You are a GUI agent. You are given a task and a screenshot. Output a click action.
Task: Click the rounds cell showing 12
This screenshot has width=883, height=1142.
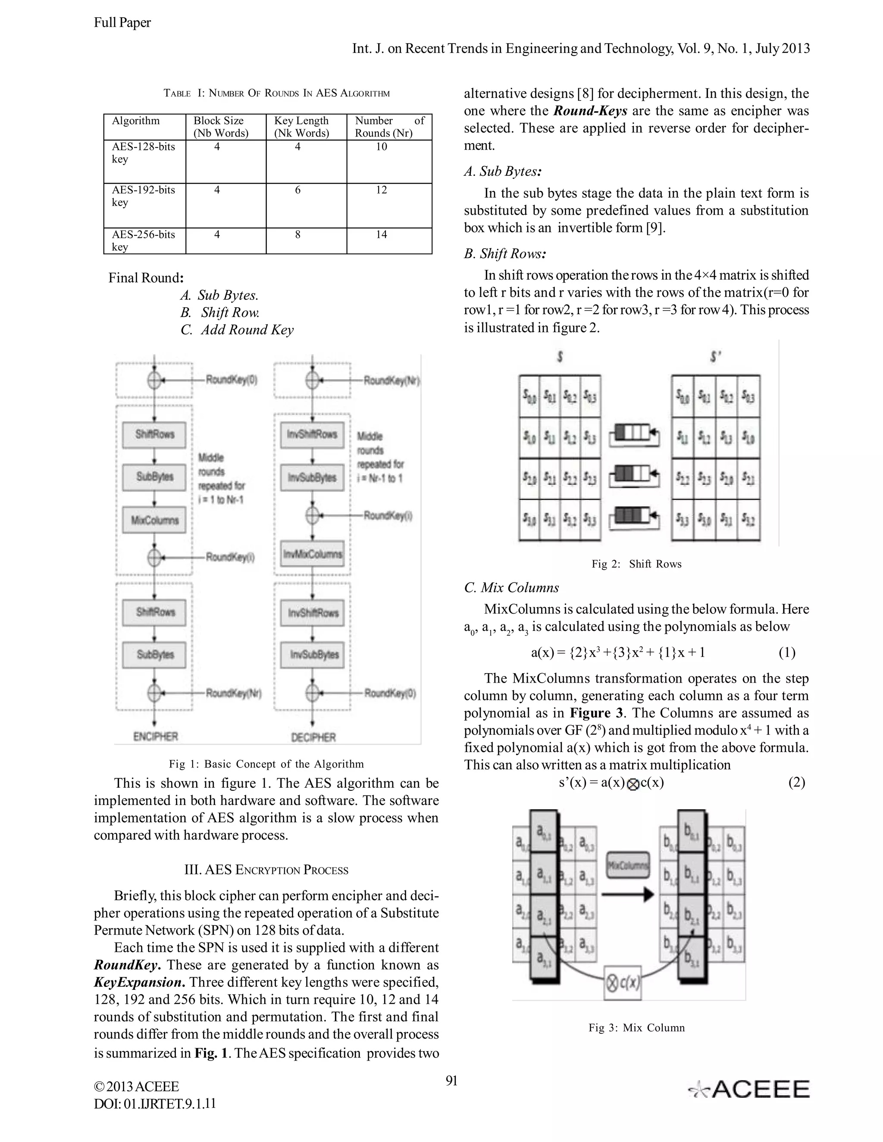tap(381, 190)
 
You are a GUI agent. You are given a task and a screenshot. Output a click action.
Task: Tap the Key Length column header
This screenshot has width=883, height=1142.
tap(301, 127)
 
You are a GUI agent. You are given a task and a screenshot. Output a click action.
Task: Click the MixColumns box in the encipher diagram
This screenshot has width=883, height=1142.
tap(154, 520)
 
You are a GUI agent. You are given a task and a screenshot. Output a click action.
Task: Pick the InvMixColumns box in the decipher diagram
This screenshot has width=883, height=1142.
tap(312, 554)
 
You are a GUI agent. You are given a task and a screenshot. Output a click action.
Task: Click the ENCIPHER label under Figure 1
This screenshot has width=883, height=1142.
tap(155, 737)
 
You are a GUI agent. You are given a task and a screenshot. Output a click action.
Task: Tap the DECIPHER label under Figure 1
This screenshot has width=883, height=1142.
tap(313, 737)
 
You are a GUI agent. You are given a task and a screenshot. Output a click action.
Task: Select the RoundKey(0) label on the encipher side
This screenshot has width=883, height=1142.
tap(231, 380)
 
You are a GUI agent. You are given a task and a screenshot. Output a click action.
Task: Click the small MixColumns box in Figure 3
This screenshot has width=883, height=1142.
tap(628, 865)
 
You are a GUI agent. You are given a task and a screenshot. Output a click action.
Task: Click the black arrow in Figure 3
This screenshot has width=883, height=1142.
tap(628, 895)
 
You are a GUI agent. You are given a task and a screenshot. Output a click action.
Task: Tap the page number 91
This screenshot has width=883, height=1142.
tap(451, 1081)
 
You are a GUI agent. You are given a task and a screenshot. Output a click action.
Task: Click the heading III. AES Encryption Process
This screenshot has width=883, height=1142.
tap(266, 870)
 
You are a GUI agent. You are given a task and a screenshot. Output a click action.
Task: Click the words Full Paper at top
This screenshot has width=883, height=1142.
tap(122, 22)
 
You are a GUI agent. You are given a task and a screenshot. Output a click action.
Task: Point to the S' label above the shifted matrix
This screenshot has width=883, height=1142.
tap(716, 357)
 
